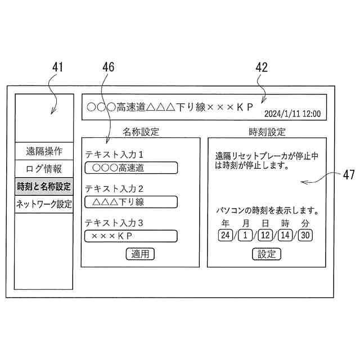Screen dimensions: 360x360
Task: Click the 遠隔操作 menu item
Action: (44, 151)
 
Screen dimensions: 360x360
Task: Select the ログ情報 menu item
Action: (44, 169)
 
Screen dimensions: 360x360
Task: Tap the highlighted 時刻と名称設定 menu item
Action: (44, 186)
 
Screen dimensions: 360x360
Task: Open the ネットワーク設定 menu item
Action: (44, 204)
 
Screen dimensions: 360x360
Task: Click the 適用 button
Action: (139, 254)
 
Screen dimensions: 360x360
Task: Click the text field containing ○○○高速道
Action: (130, 168)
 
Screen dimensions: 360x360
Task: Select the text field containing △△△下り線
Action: (130, 201)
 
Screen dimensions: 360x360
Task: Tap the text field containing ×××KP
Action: (130, 236)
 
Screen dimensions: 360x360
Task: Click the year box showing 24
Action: (225, 235)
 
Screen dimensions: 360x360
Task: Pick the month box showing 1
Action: (245, 235)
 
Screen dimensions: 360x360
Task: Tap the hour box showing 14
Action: (285, 235)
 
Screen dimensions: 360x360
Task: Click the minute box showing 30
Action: (305, 235)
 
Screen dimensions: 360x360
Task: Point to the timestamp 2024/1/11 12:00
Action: (292, 113)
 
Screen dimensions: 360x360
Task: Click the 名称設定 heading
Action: (141, 132)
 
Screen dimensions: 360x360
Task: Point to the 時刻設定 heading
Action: (267, 132)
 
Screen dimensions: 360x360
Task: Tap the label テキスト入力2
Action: (114, 188)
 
